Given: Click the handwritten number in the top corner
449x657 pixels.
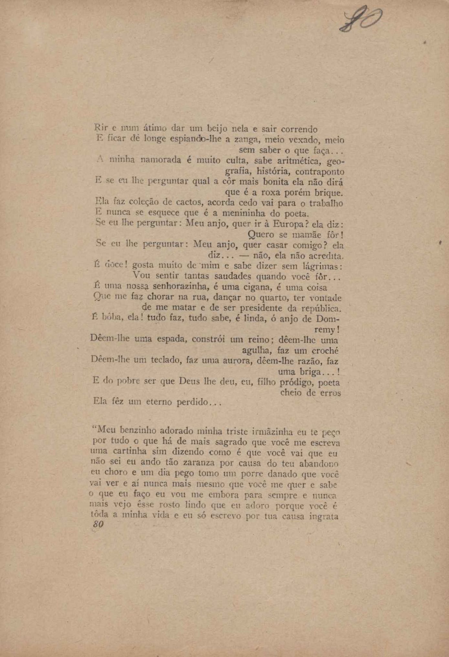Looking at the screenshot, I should coord(360,19).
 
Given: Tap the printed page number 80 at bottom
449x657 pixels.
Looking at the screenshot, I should coord(98,524).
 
